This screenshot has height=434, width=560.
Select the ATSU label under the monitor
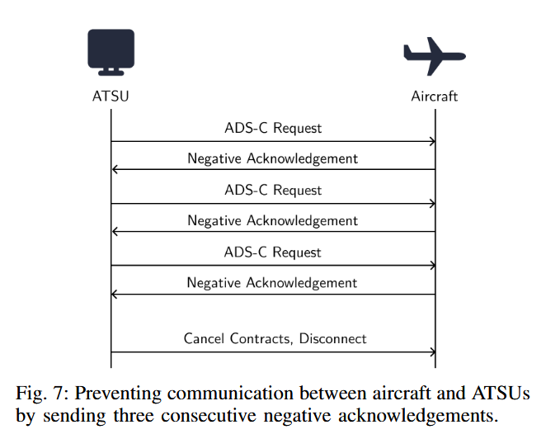point(111,97)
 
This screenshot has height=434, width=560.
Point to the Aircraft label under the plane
point(434,97)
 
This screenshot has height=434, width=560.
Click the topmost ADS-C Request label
point(273,128)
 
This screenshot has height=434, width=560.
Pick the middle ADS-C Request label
point(273,190)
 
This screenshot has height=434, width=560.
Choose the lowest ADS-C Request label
point(273,252)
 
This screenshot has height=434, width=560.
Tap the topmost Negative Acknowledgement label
point(272,158)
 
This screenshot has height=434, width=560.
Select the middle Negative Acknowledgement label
point(272,220)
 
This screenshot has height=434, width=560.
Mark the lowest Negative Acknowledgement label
point(272,282)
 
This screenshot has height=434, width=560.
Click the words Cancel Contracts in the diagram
point(238,338)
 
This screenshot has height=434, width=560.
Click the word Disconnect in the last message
point(333,338)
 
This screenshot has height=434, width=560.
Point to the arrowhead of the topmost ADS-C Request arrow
point(431,141)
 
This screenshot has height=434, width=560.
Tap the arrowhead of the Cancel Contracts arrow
point(431,352)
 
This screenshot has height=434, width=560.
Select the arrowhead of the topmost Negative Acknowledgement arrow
point(115,170)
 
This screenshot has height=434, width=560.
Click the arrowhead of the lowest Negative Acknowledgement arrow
point(115,295)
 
